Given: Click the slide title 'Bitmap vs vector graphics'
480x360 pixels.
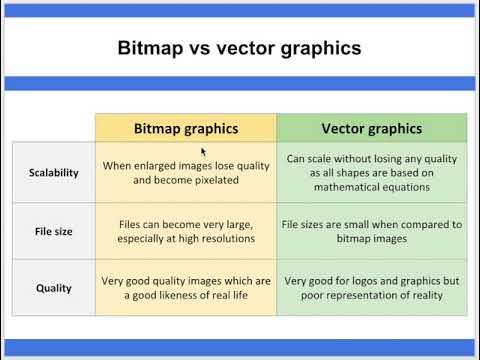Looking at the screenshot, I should tap(240, 47).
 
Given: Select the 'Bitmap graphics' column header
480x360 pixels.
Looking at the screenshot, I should tap(185, 128).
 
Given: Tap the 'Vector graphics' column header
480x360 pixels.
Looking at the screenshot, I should tap(371, 128).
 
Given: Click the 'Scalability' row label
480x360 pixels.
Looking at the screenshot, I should tap(54, 172).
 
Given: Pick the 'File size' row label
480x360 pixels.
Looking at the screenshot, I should tap(54, 231).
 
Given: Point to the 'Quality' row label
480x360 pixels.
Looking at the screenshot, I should tap(54, 288).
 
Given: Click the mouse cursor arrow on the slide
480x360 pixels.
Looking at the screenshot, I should tap(204, 152).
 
